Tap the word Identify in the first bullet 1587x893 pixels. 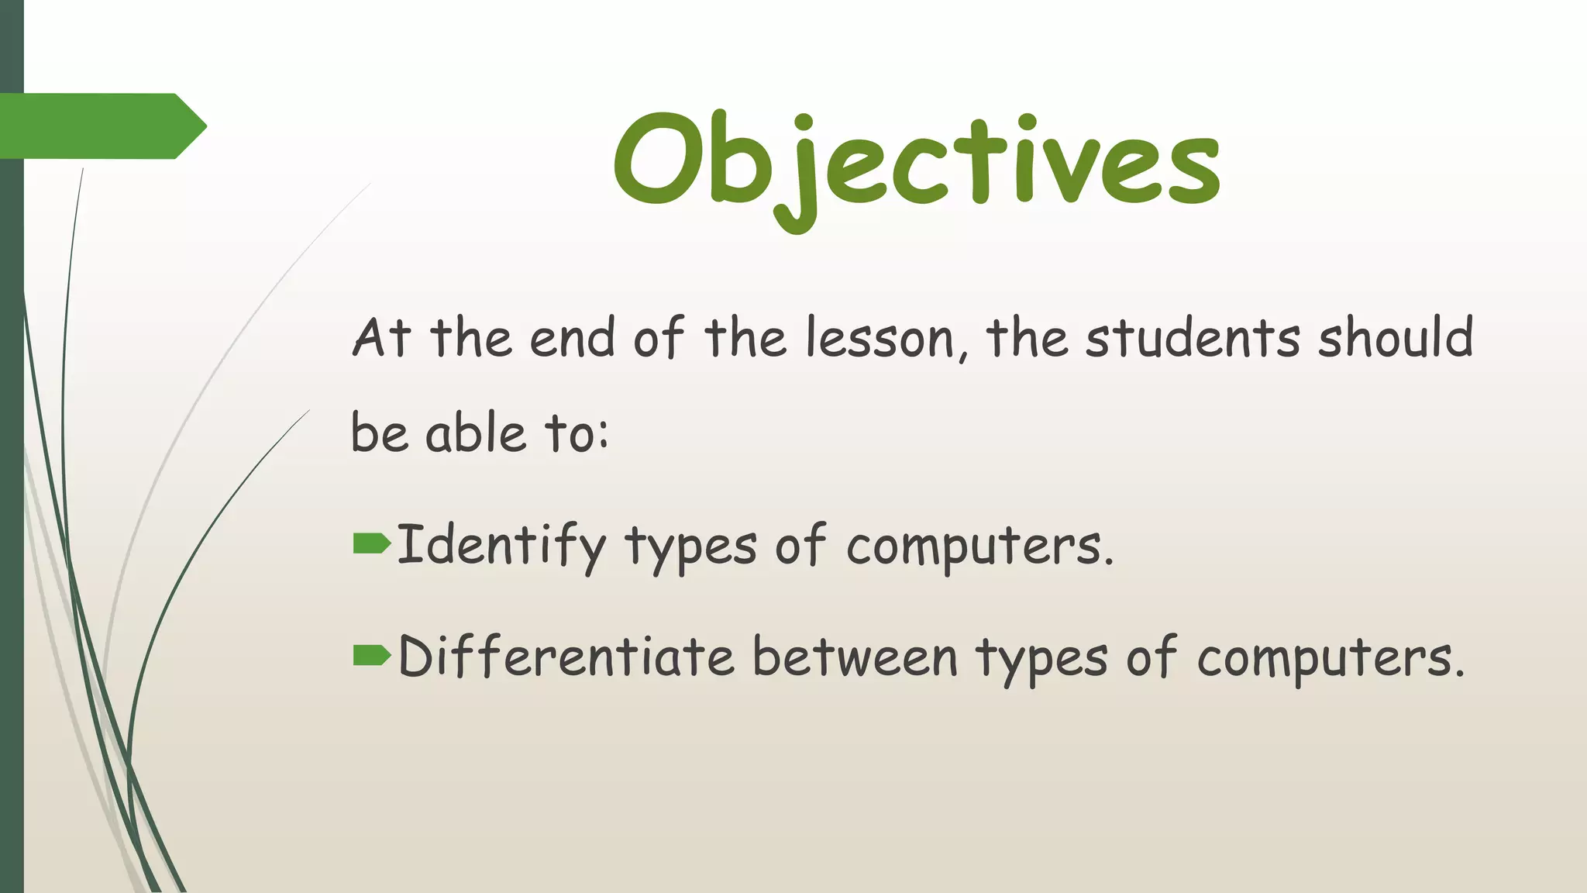pyautogui.click(x=501, y=545)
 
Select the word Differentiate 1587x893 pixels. pyautogui.click(x=566, y=657)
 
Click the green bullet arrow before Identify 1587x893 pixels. pyautogui.click(x=371, y=543)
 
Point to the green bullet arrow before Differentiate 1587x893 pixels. pyautogui.click(x=371, y=655)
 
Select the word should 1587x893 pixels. pyautogui.click(x=1395, y=339)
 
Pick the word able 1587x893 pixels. pyautogui.click(x=476, y=433)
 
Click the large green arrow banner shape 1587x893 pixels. pyautogui.click(x=101, y=126)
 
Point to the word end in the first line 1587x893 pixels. pyautogui.click(x=572, y=339)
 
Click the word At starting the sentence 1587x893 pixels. pyautogui.click(x=381, y=339)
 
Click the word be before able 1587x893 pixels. pyautogui.click(x=379, y=433)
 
